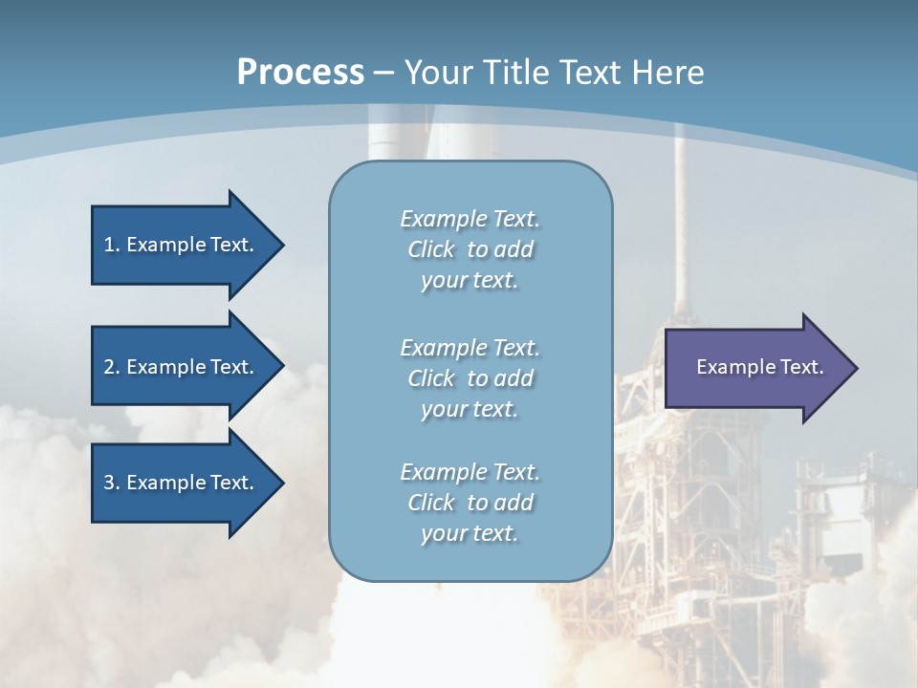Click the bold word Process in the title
[300, 73]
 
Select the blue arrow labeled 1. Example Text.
[182, 245]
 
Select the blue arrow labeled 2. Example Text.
[182, 367]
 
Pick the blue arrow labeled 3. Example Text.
[182, 483]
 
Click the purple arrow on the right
[755, 368]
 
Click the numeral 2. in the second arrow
[111, 367]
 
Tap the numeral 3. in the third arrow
[111, 483]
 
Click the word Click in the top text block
[430, 250]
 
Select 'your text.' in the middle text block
[470, 409]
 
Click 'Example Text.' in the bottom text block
[470, 472]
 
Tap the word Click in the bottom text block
[430, 503]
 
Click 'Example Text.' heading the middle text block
[470, 348]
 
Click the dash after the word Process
[383, 74]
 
